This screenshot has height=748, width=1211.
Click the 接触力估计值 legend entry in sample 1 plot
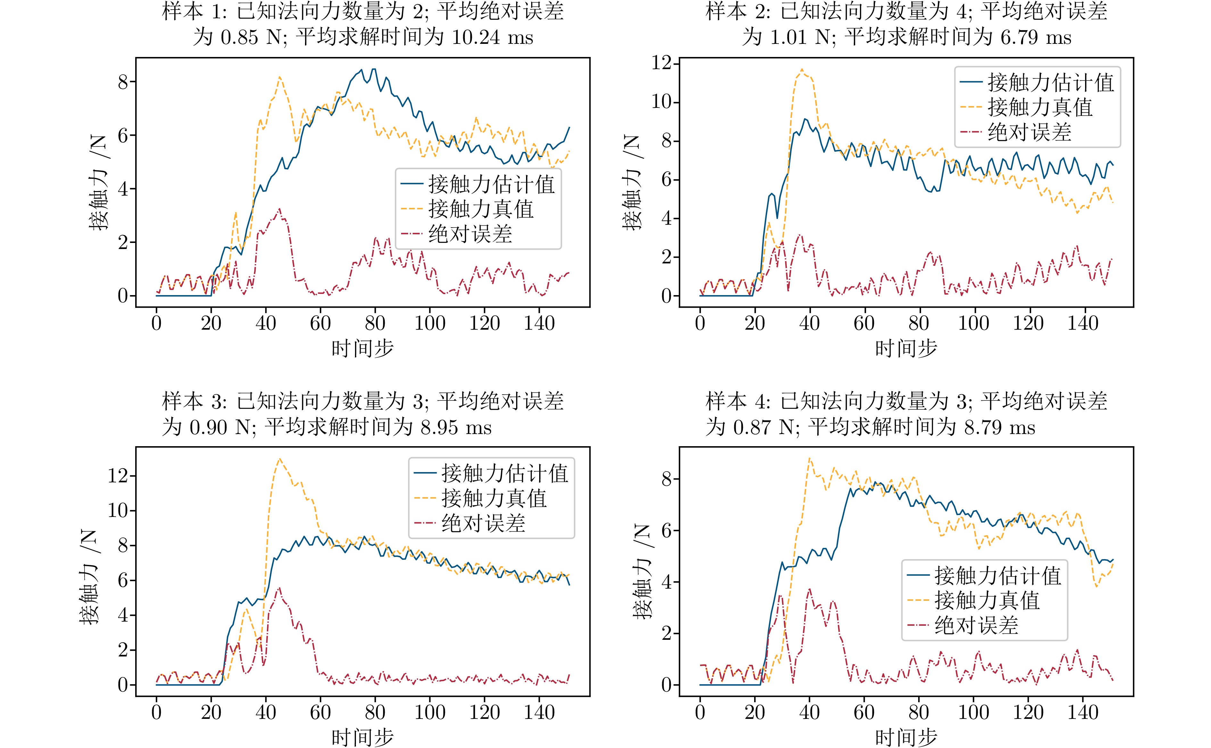[x=491, y=185]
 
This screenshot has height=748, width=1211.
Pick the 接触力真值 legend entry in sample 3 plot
[x=494, y=498]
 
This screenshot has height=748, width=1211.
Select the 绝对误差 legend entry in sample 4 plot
[x=976, y=626]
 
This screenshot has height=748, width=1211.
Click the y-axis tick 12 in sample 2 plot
[x=662, y=63]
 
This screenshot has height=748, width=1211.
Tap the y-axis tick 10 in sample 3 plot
[x=118, y=511]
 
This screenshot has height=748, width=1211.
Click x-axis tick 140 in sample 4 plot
[x=1083, y=712]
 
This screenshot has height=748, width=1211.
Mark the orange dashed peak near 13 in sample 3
[x=280, y=459]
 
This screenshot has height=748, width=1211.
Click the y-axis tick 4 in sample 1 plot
[x=123, y=189]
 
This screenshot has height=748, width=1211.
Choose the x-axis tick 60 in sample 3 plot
[x=320, y=712]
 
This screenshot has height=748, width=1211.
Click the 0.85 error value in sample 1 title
[x=240, y=37]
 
